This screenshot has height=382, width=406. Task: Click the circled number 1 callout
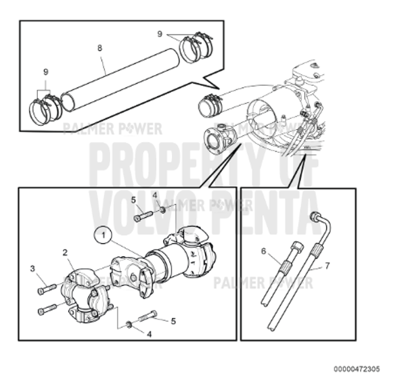tap(103, 235)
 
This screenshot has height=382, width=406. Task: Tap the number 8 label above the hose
tap(99, 48)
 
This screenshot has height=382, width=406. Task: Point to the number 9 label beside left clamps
tap(46, 72)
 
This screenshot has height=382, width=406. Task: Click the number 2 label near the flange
tap(65, 253)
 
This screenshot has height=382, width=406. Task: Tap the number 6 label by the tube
tap(263, 250)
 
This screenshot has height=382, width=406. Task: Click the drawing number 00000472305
tap(356, 368)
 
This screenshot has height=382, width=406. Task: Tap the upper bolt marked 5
tap(143, 217)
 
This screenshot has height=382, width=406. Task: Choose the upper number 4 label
tap(155, 195)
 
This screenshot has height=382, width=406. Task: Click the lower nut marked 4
tap(130, 326)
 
